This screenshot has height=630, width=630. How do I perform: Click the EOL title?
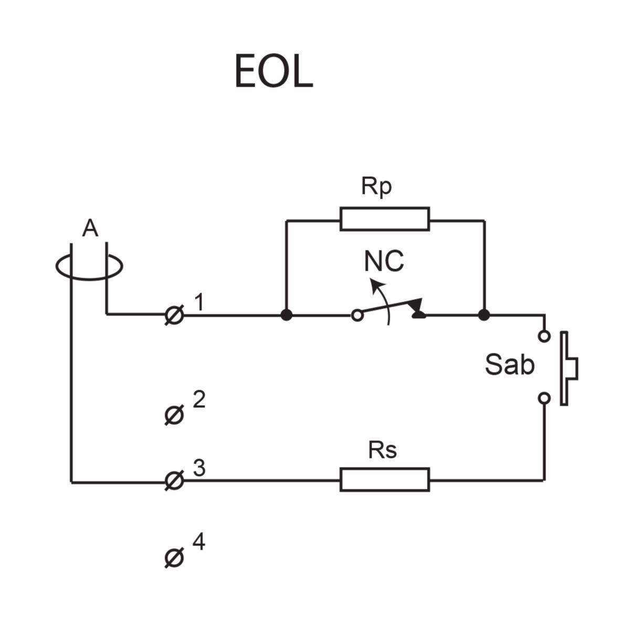[x=273, y=71]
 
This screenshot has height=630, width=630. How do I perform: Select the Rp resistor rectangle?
[x=384, y=219]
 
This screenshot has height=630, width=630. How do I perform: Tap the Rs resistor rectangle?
[x=384, y=479]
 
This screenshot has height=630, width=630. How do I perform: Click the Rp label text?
[x=376, y=186]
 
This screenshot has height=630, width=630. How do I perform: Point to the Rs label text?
[x=382, y=450]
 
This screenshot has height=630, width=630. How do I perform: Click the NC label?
[x=384, y=261]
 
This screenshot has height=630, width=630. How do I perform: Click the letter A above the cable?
[x=90, y=229]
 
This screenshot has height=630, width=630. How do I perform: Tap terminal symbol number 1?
[x=174, y=316]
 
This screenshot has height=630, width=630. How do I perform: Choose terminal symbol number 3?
[x=174, y=480]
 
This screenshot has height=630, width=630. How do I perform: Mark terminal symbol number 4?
[x=174, y=558]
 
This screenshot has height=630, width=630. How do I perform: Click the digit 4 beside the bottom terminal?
[x=198, y=542]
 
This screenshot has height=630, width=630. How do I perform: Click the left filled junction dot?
[x=286, y=315]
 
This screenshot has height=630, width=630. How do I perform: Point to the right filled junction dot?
[x=484, y=315]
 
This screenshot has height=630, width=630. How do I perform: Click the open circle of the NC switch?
[x=357, y=316]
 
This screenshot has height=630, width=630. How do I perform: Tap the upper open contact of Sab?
[x=544, y=335]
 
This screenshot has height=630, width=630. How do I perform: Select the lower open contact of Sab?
[x=544, y=398]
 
